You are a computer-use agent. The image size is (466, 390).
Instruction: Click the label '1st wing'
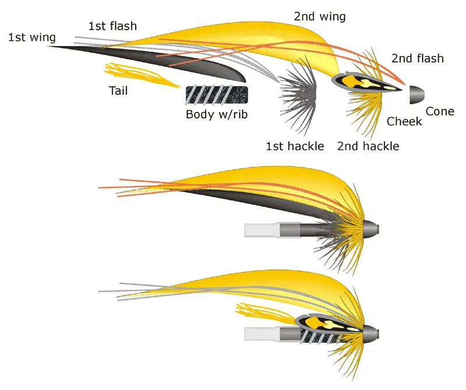coord(32,38)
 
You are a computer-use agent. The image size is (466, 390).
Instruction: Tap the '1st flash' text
coord(112,26)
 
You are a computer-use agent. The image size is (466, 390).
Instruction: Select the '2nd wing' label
coord(319,16)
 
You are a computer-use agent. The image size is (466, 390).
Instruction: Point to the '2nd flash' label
coord(417,58)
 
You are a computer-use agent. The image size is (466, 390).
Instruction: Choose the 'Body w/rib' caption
coord(217,114)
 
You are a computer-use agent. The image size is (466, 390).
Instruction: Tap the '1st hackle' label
coord(295,146)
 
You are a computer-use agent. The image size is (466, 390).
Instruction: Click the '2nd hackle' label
coord(368,146)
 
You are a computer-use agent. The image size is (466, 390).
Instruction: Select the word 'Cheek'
coord(405,121)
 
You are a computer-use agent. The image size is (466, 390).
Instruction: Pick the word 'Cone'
coord(440,111)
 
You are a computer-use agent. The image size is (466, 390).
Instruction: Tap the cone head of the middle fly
coord(372,226)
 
